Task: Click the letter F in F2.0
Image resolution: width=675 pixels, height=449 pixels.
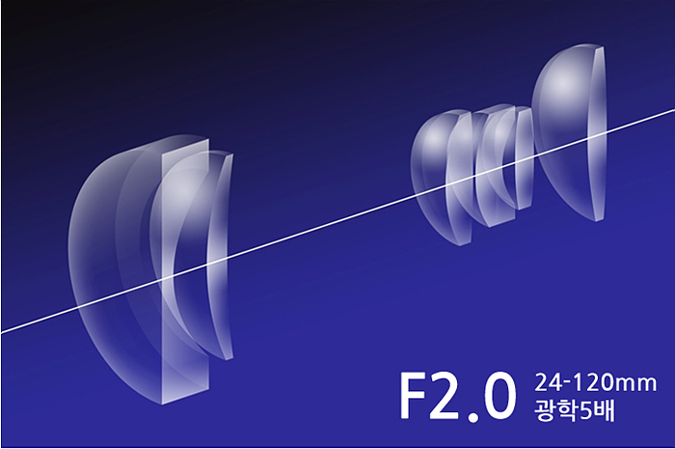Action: point(414,396)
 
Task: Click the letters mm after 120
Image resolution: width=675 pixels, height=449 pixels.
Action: point(635,384)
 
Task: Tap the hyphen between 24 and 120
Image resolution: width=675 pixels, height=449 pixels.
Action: point(567,383)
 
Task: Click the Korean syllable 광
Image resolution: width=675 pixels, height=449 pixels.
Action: point(545,409)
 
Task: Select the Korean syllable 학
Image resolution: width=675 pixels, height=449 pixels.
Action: point(568,409)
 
